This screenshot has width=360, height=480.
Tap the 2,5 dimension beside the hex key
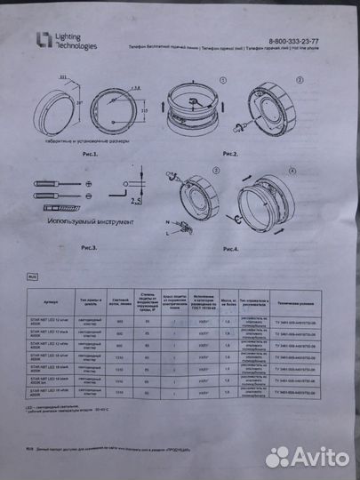tap(132, 204)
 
